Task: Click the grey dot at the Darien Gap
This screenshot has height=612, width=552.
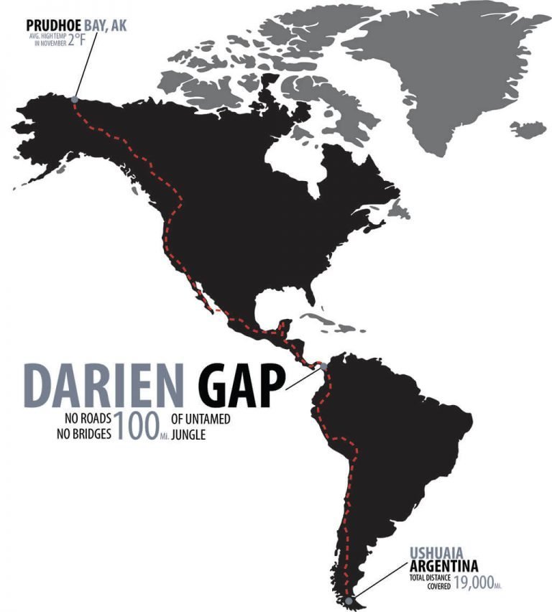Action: coord(323,366)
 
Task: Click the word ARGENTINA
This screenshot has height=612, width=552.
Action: coord(445,565)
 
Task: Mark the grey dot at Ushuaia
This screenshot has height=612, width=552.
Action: coord(349,601)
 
